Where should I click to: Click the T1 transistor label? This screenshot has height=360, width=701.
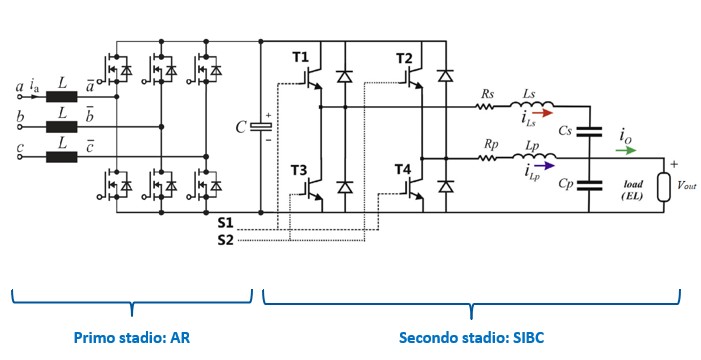300,58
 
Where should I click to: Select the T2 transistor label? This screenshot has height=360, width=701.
405,58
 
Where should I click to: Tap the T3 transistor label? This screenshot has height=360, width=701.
299,170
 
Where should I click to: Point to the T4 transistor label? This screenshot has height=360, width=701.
402,169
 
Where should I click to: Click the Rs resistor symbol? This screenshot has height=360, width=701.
485,107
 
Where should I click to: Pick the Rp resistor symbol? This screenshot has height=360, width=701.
487,158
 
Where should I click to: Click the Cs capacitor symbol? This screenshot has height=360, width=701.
589,131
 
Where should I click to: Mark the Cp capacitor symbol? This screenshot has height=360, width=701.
589,185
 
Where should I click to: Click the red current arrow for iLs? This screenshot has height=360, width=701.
543,113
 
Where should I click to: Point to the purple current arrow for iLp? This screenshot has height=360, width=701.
544,165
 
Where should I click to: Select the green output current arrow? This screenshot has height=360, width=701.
626,150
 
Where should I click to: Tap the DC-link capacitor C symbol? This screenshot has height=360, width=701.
260,127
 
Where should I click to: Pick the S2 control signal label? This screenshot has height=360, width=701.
226,240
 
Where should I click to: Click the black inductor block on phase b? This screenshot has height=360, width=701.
62,127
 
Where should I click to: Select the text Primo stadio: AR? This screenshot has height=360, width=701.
131,337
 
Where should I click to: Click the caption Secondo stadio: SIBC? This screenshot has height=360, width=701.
471,337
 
